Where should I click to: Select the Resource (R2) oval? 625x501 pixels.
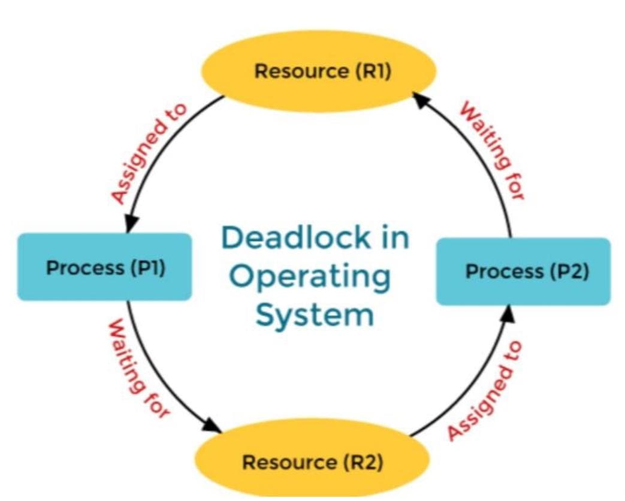[x=312, y=461]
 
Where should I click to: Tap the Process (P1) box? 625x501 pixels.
[x=104, y=267]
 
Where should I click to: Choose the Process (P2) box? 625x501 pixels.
[x=523, y=271]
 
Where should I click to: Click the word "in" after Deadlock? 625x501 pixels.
[x=392, y=238]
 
